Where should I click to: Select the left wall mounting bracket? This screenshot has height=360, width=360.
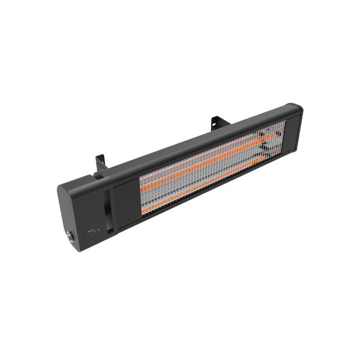tap(100, 161)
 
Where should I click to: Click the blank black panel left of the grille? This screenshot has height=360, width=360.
tap(126, 199)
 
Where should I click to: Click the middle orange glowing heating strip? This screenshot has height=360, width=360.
tap(205, 163)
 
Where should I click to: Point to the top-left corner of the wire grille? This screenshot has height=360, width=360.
tap(141, 179)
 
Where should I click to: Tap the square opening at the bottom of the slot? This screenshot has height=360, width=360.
tap(110, 228)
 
